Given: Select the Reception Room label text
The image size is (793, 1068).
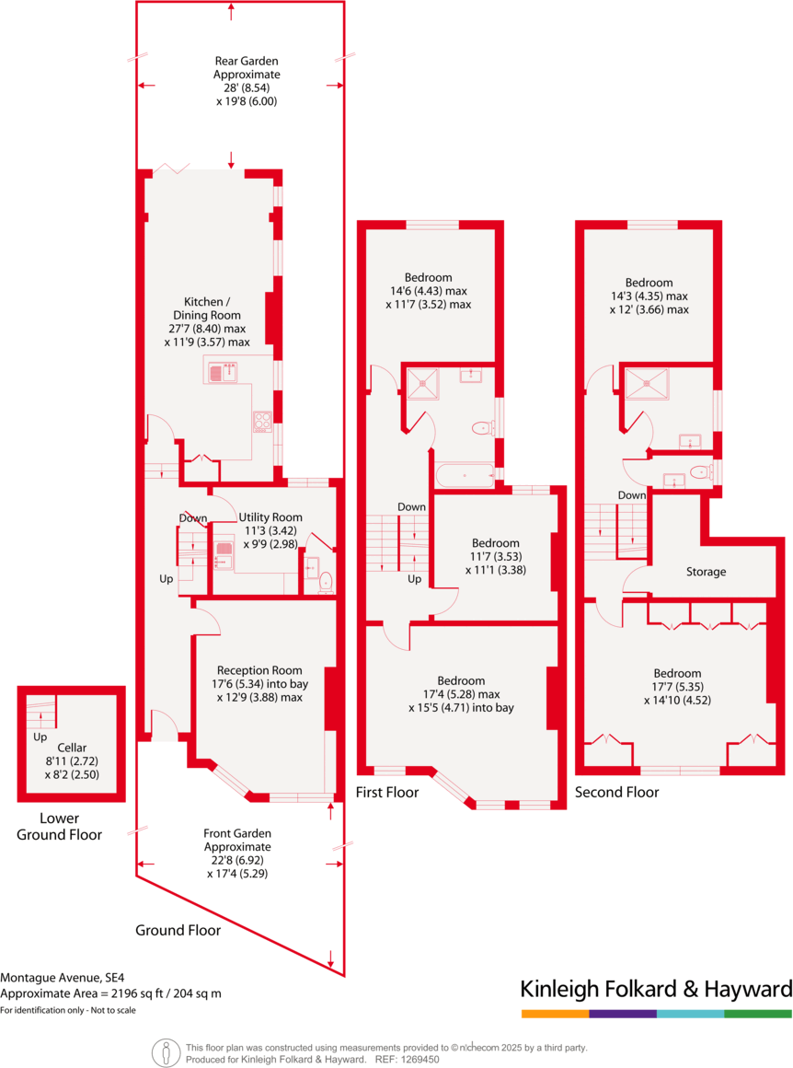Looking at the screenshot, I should pos(259,670).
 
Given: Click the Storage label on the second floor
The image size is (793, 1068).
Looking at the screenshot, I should pos(707,572).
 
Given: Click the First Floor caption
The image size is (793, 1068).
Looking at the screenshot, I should pos(387,792).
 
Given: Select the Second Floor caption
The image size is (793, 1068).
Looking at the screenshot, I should pos(616,792).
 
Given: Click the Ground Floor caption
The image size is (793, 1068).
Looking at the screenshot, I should pos(178,930).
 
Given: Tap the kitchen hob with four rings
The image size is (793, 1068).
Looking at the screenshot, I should pos(262,421).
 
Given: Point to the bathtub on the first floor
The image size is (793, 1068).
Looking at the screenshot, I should pos(465,475).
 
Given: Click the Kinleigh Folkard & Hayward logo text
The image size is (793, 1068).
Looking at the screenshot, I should pos(656,990).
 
